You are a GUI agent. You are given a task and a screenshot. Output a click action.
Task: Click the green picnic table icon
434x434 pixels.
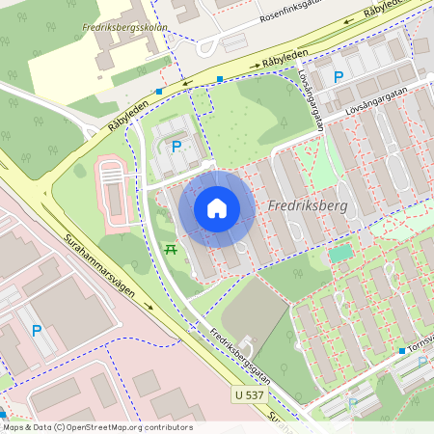tap(171, 249)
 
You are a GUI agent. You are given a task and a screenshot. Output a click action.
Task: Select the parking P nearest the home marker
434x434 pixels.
tap(176, 147)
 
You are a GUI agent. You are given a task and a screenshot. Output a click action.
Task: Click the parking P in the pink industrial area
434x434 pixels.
tap(37, 331)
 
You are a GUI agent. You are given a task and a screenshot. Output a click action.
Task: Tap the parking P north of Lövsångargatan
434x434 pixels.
tap(338, 77)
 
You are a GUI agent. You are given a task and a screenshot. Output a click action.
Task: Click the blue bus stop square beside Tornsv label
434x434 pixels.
tap(402, 351)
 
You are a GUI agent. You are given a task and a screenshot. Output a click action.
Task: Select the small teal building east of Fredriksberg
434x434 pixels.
tap(340, 254)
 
